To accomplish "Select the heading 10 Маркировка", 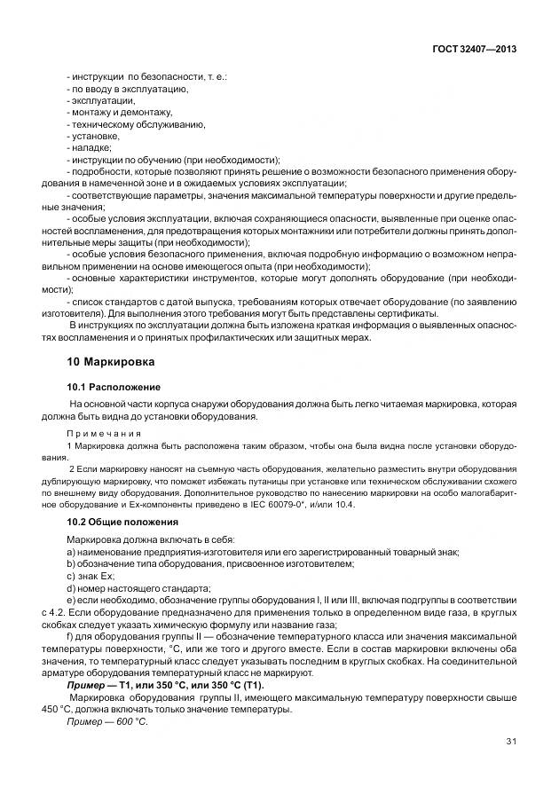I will (111, 362).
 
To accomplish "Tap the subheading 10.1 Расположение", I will (114, 388).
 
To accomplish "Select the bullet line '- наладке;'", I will (89, 147).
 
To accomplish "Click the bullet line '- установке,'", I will (93, 136).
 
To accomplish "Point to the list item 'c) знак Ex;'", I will (91, 576).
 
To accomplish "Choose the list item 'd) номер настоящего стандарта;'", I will (126, 587).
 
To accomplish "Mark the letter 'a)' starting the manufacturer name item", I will (71, 553).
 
